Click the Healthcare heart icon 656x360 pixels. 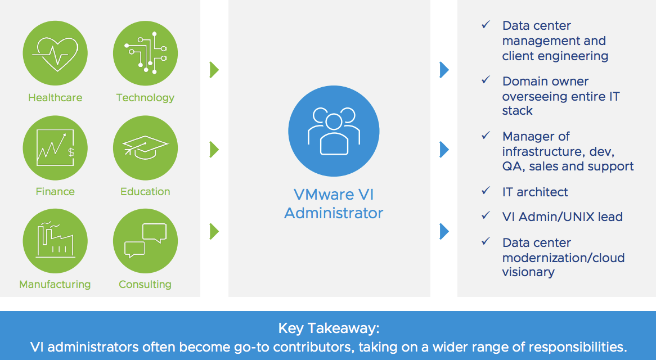(55, 53)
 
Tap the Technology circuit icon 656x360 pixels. (145, 53)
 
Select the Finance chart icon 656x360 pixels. (55, 147)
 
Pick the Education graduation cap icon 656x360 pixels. (145, 147)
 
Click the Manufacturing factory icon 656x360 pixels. (55, 241)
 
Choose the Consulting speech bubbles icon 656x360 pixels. (145, 241)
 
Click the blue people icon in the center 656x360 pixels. (334, 131)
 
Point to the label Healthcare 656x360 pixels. (55, 97)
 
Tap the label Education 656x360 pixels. (145, 191)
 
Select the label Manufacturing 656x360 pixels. (55, 284)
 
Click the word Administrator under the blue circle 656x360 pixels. (334, 213)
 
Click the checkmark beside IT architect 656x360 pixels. (486, 191)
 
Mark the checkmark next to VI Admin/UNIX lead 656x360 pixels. (486, 215)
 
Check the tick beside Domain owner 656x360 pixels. (486, 79)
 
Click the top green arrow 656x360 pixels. (214, 70)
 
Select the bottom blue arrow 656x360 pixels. (444, 231)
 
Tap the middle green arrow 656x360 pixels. (214, 149)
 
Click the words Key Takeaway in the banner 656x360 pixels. (329, 328)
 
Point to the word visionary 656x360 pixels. (528, 272)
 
